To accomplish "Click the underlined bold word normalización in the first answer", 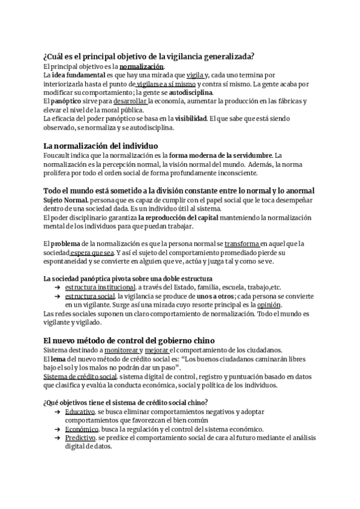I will coord(141,66).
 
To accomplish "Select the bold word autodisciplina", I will coord(191,92).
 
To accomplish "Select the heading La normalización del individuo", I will coord(101,146).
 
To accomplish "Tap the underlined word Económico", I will coord(81,429).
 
